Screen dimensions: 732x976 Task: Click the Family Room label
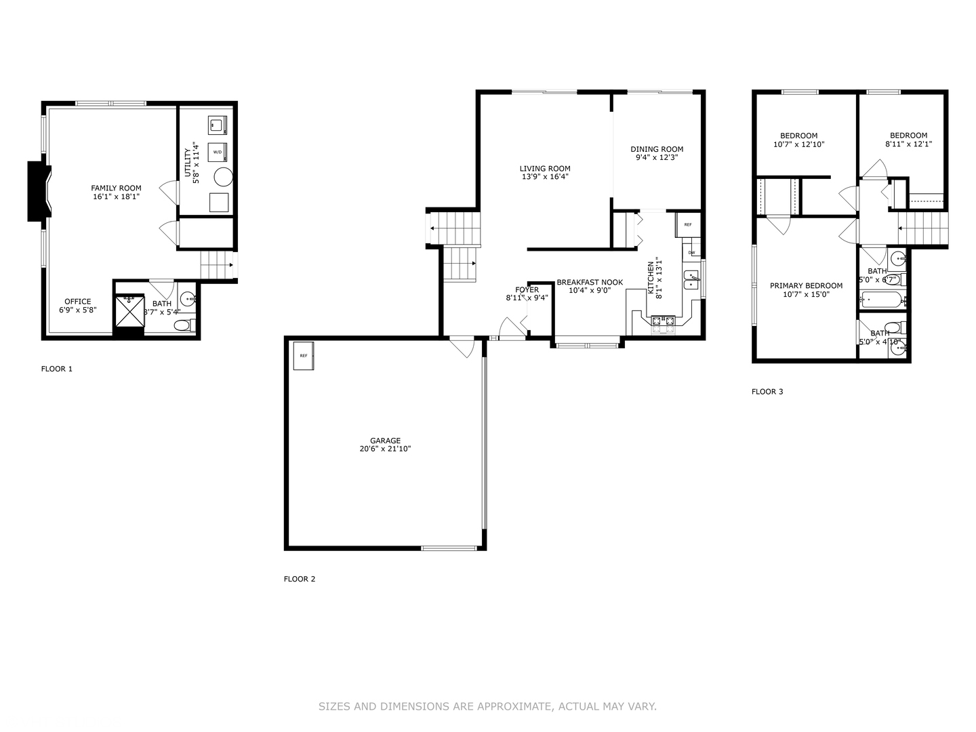coord(117,188)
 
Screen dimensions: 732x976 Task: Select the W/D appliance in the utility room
coord(218,152)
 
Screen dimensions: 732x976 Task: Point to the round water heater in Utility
coord(223,177)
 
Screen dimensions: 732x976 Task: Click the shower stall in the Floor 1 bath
coord(129,311)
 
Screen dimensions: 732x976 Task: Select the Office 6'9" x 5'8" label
coord(78,302)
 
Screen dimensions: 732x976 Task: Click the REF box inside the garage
coord(303,356)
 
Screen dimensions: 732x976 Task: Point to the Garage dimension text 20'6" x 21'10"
coord(385,449)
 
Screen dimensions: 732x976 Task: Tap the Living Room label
coord(545,169)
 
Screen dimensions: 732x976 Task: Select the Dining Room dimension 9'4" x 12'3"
coord(657,157)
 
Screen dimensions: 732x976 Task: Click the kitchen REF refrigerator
coord(688,224)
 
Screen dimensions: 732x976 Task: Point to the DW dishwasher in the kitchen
coord(691,253)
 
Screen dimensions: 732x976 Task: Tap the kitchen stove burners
coord(663,321)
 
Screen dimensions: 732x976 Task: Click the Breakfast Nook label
coord(590,283)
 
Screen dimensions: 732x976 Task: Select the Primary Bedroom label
coord(806,286)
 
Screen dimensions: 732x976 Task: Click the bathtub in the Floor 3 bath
coord(880,300)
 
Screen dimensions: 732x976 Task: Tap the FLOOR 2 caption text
coord(299,579)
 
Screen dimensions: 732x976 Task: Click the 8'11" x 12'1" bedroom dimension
coord(908,144)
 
